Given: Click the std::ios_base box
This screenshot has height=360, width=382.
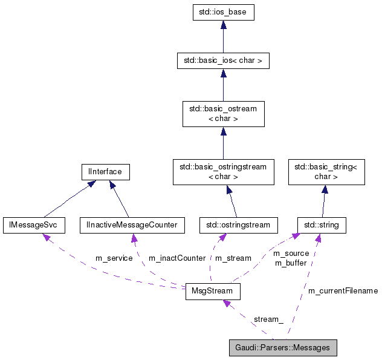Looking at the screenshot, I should pyautogui.click(x=223, y=13).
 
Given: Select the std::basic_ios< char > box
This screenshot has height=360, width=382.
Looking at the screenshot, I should pyautogui.click(x=223, y=61).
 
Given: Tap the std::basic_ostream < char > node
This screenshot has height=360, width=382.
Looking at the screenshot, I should pyautogui.click(x=223, y=114).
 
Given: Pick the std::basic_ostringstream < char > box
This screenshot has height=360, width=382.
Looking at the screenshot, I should pyautogui.click(x=223, y=172).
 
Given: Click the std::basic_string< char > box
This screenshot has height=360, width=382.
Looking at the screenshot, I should pyautogui.click(x=325, y=172).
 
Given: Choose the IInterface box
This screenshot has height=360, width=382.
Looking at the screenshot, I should pyautogui.click(x=102, y=172).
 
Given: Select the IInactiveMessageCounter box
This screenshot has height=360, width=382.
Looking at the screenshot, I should pyautogui.click(x=132, y=225).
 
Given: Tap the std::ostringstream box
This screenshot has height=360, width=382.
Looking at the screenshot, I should pyautogui.click(x=238, y=225).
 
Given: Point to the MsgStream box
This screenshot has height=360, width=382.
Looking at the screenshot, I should pyautogui.click(x=212, y=291).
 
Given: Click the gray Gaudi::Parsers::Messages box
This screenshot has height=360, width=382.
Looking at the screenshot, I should pyautogui.click(x=282, y=348).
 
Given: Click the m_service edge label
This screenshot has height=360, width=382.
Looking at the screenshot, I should pyautogui.click(x=114, y=258).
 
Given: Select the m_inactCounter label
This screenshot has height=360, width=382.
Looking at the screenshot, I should pyautogui.click(x=176, y=258).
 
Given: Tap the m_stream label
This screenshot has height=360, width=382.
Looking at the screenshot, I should pyautogui.click(x=233, y=258).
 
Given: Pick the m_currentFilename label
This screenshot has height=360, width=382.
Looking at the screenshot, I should pyautogui.click(x=343, y=291).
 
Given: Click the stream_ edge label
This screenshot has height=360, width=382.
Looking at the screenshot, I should pyautogui.click(x=268, y=319).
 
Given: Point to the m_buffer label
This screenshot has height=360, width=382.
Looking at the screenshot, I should pyautogui.click(x=291, y=263).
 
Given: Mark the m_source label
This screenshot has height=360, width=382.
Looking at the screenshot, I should pyautogui.click(x=291, y=254).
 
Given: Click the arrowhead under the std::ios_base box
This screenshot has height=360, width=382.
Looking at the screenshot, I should pyautogui.click(x=223, y=25).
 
